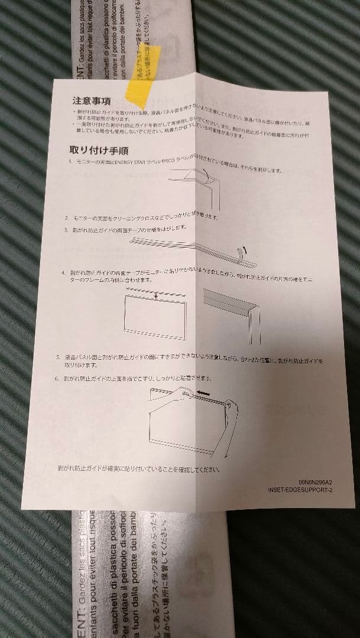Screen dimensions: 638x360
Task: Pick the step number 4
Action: [x=64, y=274]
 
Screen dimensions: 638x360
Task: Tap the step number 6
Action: [x=57, y=377]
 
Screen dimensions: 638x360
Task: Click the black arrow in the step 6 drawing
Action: [x=205, y=391]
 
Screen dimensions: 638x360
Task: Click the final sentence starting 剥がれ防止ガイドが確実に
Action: [x=139, y=470]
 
